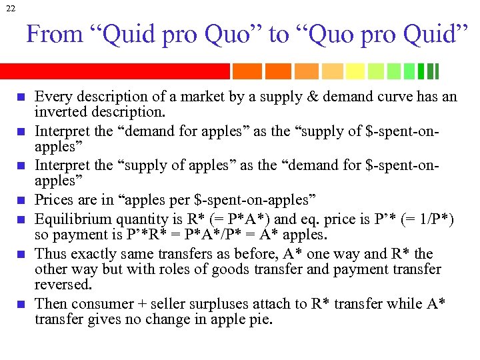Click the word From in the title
pyautogui.click(x=48, y=35)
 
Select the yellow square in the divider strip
pyautogui.click(x=355, y=71)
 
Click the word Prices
pyautogui.click(x=53, y=199)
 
